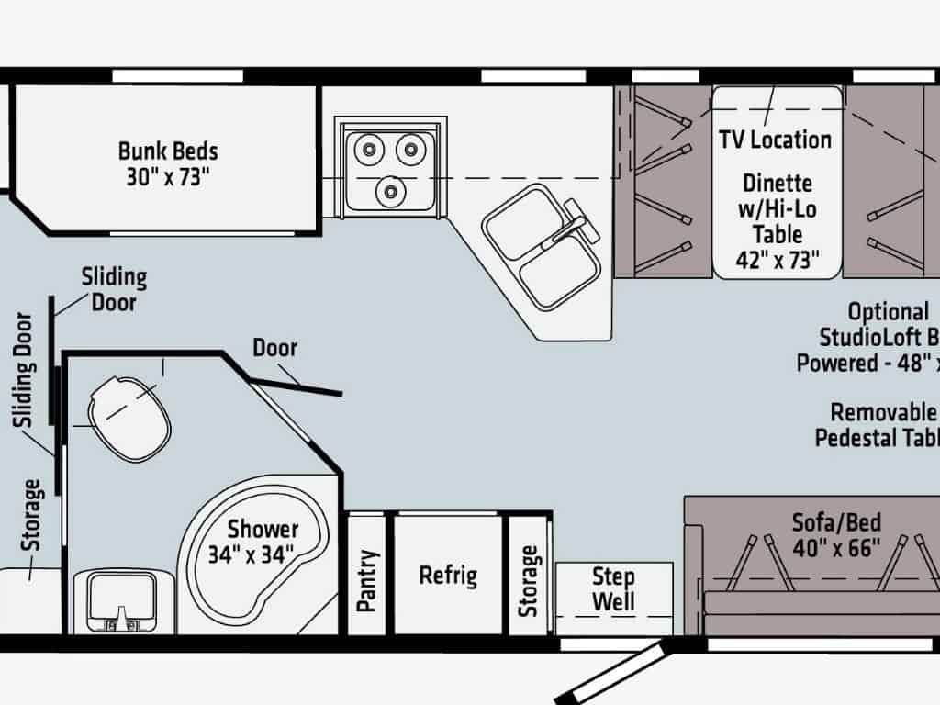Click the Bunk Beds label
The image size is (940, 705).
tap(168, 150)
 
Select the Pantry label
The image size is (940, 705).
tap(367, 579)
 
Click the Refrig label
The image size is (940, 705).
tap(448, 576)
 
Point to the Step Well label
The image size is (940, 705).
tap(613, 589)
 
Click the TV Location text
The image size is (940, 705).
tap(775, 140)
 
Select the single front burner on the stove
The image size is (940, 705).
tap(394, 192)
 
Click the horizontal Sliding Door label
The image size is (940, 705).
tap(114, 288)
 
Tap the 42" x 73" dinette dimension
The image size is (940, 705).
tap(778, 260)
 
